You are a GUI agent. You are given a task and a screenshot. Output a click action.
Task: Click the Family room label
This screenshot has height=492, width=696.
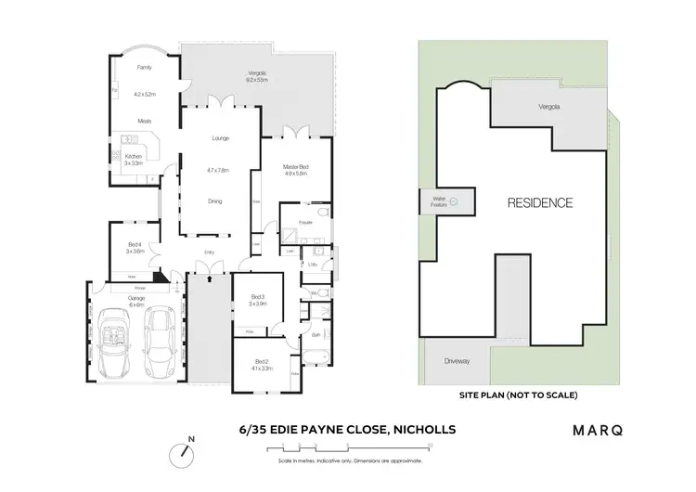144,68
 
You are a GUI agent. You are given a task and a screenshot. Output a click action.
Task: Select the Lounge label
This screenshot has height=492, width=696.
220,138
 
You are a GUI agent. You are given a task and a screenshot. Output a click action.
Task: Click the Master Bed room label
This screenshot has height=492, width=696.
296,166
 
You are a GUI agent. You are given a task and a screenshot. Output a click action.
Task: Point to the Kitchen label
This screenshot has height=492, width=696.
134,156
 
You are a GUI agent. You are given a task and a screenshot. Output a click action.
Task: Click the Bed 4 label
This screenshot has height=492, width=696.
135,244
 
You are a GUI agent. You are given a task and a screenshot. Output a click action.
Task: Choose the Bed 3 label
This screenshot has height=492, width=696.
258,296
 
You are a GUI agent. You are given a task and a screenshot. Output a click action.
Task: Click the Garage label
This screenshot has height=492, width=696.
135,298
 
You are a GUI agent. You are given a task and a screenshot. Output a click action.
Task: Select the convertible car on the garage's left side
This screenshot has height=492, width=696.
115,344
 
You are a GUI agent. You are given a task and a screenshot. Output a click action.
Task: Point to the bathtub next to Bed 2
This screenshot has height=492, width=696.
314,355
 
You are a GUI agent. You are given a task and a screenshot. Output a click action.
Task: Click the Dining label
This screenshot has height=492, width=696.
214,201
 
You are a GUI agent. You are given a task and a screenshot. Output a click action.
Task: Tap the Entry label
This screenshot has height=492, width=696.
210,251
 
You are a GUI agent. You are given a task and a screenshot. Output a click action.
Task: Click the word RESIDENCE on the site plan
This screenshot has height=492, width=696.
539,202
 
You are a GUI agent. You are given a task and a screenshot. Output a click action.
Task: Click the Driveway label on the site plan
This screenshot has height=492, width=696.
458,360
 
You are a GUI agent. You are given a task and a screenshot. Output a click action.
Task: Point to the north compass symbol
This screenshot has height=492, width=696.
184,455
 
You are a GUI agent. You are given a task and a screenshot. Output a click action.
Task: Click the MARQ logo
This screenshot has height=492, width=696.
598,430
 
